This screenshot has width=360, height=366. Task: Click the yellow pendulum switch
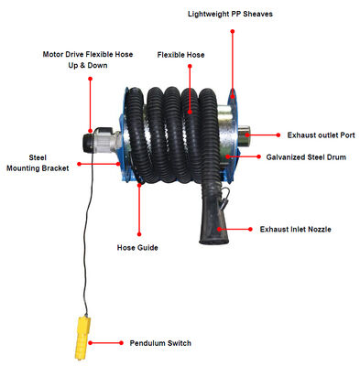coord(82,338)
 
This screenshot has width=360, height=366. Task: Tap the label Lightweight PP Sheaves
coord(230,14)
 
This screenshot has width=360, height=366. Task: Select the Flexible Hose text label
coord(180,55)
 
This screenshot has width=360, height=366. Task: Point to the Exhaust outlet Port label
coord(321,135)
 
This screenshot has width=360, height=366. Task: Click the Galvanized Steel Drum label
coord(306,157)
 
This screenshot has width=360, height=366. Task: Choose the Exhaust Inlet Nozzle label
coord(295,230)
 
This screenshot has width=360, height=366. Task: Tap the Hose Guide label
coord(137,248)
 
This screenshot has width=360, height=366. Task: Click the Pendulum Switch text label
coord(160,343)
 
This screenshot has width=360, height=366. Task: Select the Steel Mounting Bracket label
coord(38,163)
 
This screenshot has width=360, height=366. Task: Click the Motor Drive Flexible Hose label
coord(88,55)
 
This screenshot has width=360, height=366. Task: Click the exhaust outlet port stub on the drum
coord(244,135)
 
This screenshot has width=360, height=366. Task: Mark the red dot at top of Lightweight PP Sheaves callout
coord(233,31)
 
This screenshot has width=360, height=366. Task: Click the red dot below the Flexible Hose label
coord(190,66)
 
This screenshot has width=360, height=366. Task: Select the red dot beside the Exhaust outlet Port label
coord(278,135)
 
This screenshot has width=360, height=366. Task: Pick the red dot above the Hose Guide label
coord(139,234)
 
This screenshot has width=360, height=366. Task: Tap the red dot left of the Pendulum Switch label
coord(121,343)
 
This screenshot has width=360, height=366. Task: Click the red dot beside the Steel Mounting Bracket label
coord(79,164)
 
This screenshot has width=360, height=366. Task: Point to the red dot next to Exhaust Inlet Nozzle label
coord(250,229)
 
